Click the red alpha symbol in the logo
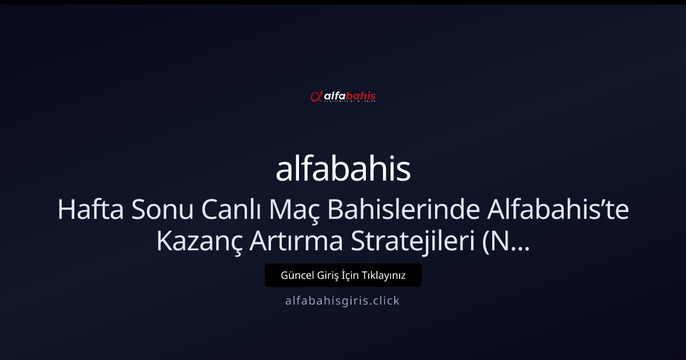(316, 97)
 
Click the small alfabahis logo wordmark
(349, 97)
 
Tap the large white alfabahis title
(343, 169)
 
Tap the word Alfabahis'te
(558, 211)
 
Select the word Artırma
(285, 242)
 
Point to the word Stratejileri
(401, 242)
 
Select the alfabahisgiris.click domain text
(342, 301)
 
